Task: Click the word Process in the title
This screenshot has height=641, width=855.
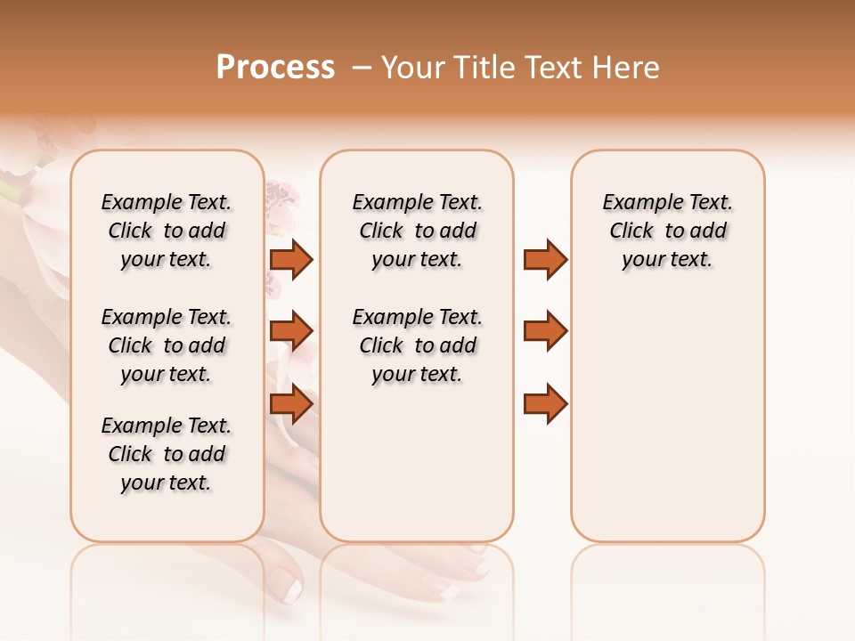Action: [275, 67]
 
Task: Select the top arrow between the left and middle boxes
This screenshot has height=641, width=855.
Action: [291, 259]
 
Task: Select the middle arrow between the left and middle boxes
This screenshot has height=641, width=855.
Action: [291, 331]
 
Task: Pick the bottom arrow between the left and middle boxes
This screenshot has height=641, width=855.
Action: [291, 404]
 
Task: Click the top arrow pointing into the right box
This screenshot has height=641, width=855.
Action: [545, 259]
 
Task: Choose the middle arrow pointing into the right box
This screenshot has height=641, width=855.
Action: [545, 331]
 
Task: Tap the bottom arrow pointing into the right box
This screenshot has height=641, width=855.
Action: [545, 404]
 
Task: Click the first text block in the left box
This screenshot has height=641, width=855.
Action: [167, 231]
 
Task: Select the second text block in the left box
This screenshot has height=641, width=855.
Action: [167, 345]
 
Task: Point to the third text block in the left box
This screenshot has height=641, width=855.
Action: [167, 454]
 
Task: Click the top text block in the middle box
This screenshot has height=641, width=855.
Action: [417, 231]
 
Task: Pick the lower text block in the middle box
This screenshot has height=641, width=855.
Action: [417, 345]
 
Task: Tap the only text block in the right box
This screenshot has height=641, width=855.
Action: [667, 231]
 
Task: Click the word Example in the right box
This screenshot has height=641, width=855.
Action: [634, 203]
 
